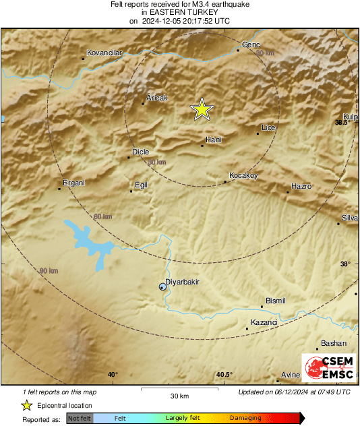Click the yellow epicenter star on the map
tap(201, 109)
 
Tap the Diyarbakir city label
tap(183, 282)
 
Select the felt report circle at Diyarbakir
tap(162, 287)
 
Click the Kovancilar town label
tap(104, 52)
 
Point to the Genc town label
tap(251, 44)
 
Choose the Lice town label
tap(268, 127)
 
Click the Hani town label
tap(214, 139)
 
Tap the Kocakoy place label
tap(244, 175)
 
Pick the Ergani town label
tap(73, 183)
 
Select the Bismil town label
tap(276, 301)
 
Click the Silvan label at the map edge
tap(350, 217)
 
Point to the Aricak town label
tap(156, 98)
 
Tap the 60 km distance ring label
tap(102, 216)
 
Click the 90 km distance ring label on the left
tap(49, 270)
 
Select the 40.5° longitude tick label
tap(224, 375)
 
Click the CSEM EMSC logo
tap(328, 369)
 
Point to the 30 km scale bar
tap(179, 389)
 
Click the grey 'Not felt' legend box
tap(80, 419)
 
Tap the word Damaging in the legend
tap(245, 419)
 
